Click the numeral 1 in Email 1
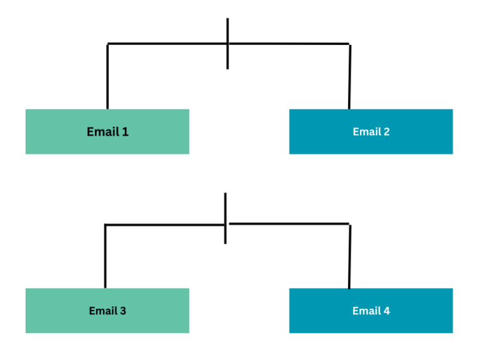point(125,132)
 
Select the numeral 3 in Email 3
point(122,311)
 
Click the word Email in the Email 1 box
point(102,132)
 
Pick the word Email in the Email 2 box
point(366,132)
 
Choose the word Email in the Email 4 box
point(365,311)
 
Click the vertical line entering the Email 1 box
point(107,78)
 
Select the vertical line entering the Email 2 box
point(349,78)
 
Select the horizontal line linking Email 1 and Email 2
point(169,44)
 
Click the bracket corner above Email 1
point(107,44)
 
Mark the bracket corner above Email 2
point(349,44)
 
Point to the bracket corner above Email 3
point(105,224)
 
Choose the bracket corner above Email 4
point(349,224)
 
